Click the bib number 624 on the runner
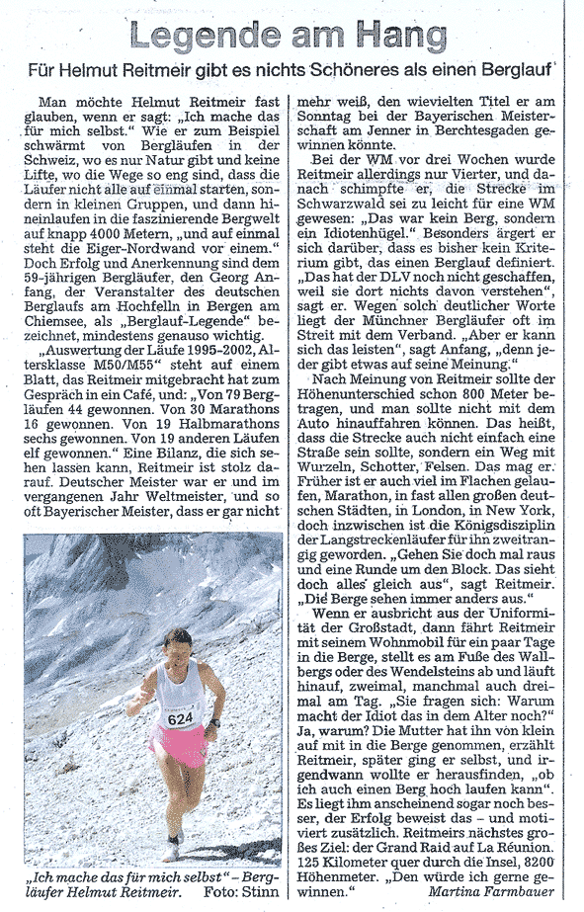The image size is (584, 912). [x=180, y=719]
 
